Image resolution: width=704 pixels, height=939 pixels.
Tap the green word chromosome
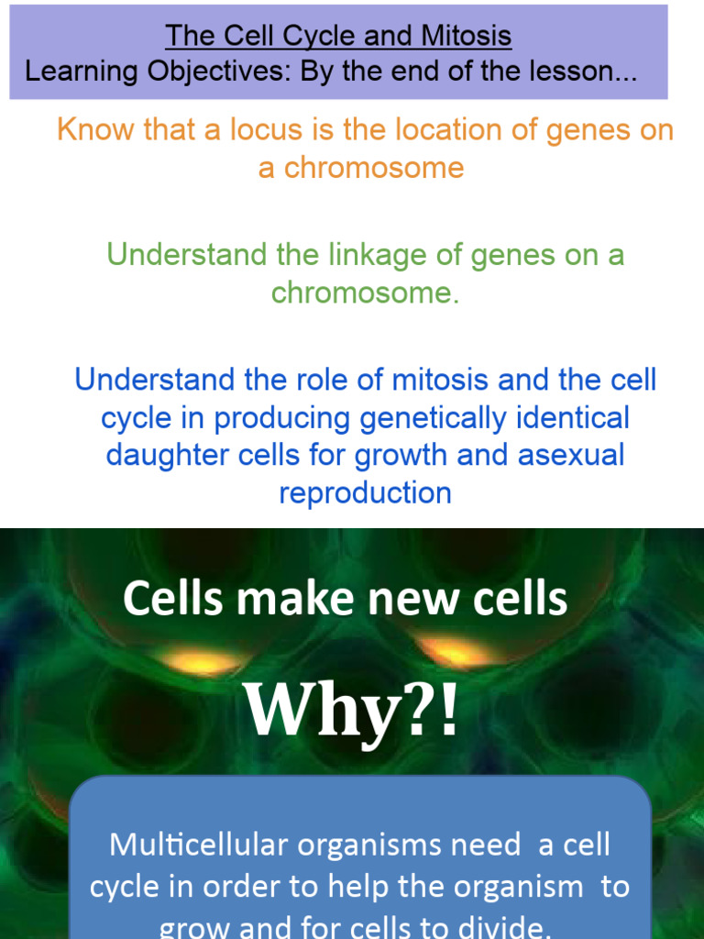point(364,293)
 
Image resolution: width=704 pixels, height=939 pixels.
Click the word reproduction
point(365,492)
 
